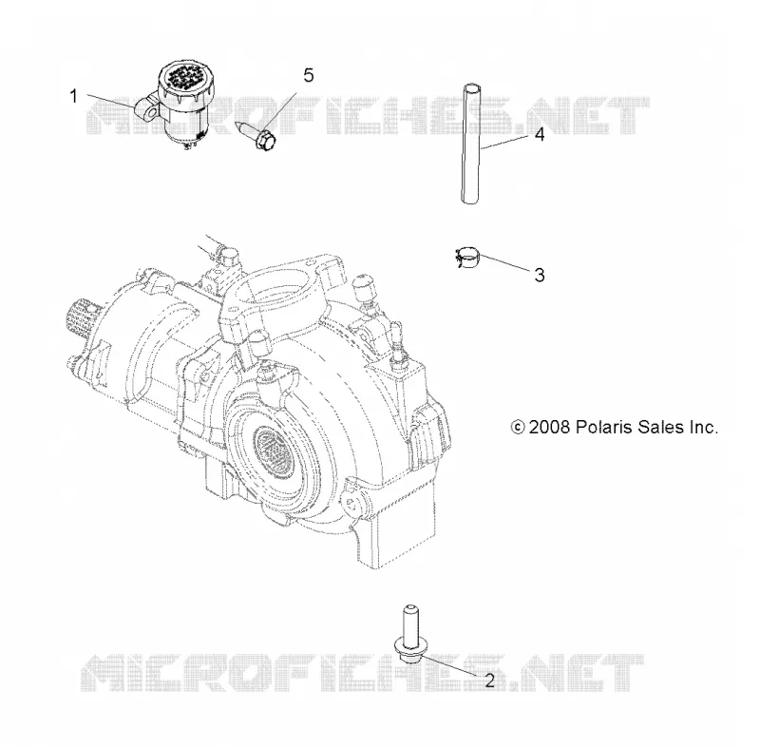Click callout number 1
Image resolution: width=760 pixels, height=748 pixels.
[x=74, y=96]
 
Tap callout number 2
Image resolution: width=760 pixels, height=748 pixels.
[x=489, y=681]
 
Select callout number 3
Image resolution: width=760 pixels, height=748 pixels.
[x=539, y=275]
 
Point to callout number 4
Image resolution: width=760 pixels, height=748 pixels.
[x=540, y=134]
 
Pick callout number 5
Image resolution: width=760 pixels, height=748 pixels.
[x=308, y=75]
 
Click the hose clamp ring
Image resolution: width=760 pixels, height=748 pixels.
[x=466, y=257]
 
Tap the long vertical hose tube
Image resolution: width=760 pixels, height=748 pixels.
[x=471, y=144]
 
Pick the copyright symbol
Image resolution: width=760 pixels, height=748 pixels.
[x=518, y=427]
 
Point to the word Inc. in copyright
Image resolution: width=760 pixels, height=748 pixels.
[x=702, y=427]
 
